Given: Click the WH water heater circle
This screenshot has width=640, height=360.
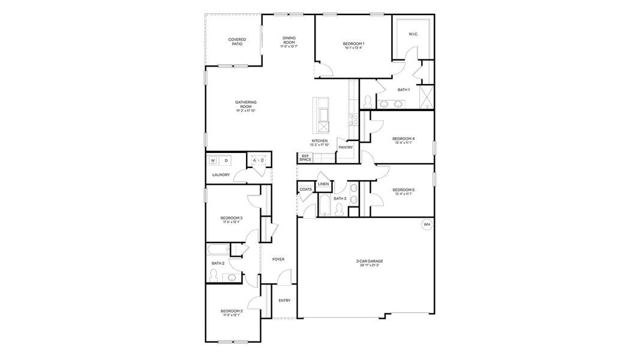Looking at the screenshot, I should pyautogui.click(x=427, y=224).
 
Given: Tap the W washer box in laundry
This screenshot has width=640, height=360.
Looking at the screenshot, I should pyautogui.click(x=213, y=161).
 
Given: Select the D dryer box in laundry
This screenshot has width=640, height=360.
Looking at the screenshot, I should pyautogui.click(x=226, y=161).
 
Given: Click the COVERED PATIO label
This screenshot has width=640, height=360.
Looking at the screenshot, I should pyautogui.click(x=237, y=42).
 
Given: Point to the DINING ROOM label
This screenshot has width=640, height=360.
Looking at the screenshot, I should pyautogui.click(x=289, y=40).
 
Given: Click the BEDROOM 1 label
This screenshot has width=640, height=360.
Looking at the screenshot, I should pyautogui.click(x=354, y=44).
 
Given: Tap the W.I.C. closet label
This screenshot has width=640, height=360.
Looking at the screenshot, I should pyautogui.click(x=413, y=34).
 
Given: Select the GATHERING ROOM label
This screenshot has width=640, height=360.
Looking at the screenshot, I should pyautogui.click(x=246, y=106).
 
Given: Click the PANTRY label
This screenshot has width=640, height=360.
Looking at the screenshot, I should pyautogui.click(x=345, y=147).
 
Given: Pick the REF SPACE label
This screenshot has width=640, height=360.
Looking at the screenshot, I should pyautogui.click(x=305, y=158).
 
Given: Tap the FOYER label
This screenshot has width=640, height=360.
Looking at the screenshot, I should pyautogui.click(x=278, y=259).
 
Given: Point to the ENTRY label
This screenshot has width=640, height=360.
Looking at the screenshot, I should pyautogui.click(x=284, y=301).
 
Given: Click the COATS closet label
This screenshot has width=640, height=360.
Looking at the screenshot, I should pyautogui.click(x=306, y=189).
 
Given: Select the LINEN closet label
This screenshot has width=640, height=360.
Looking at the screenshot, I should pyautogui.click(x=323, y=184).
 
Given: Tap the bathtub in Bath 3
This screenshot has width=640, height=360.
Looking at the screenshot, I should pyautogui.click(x=324, y=205).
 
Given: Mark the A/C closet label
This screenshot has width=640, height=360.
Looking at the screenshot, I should pyautogui.click(x=259, y=160).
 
